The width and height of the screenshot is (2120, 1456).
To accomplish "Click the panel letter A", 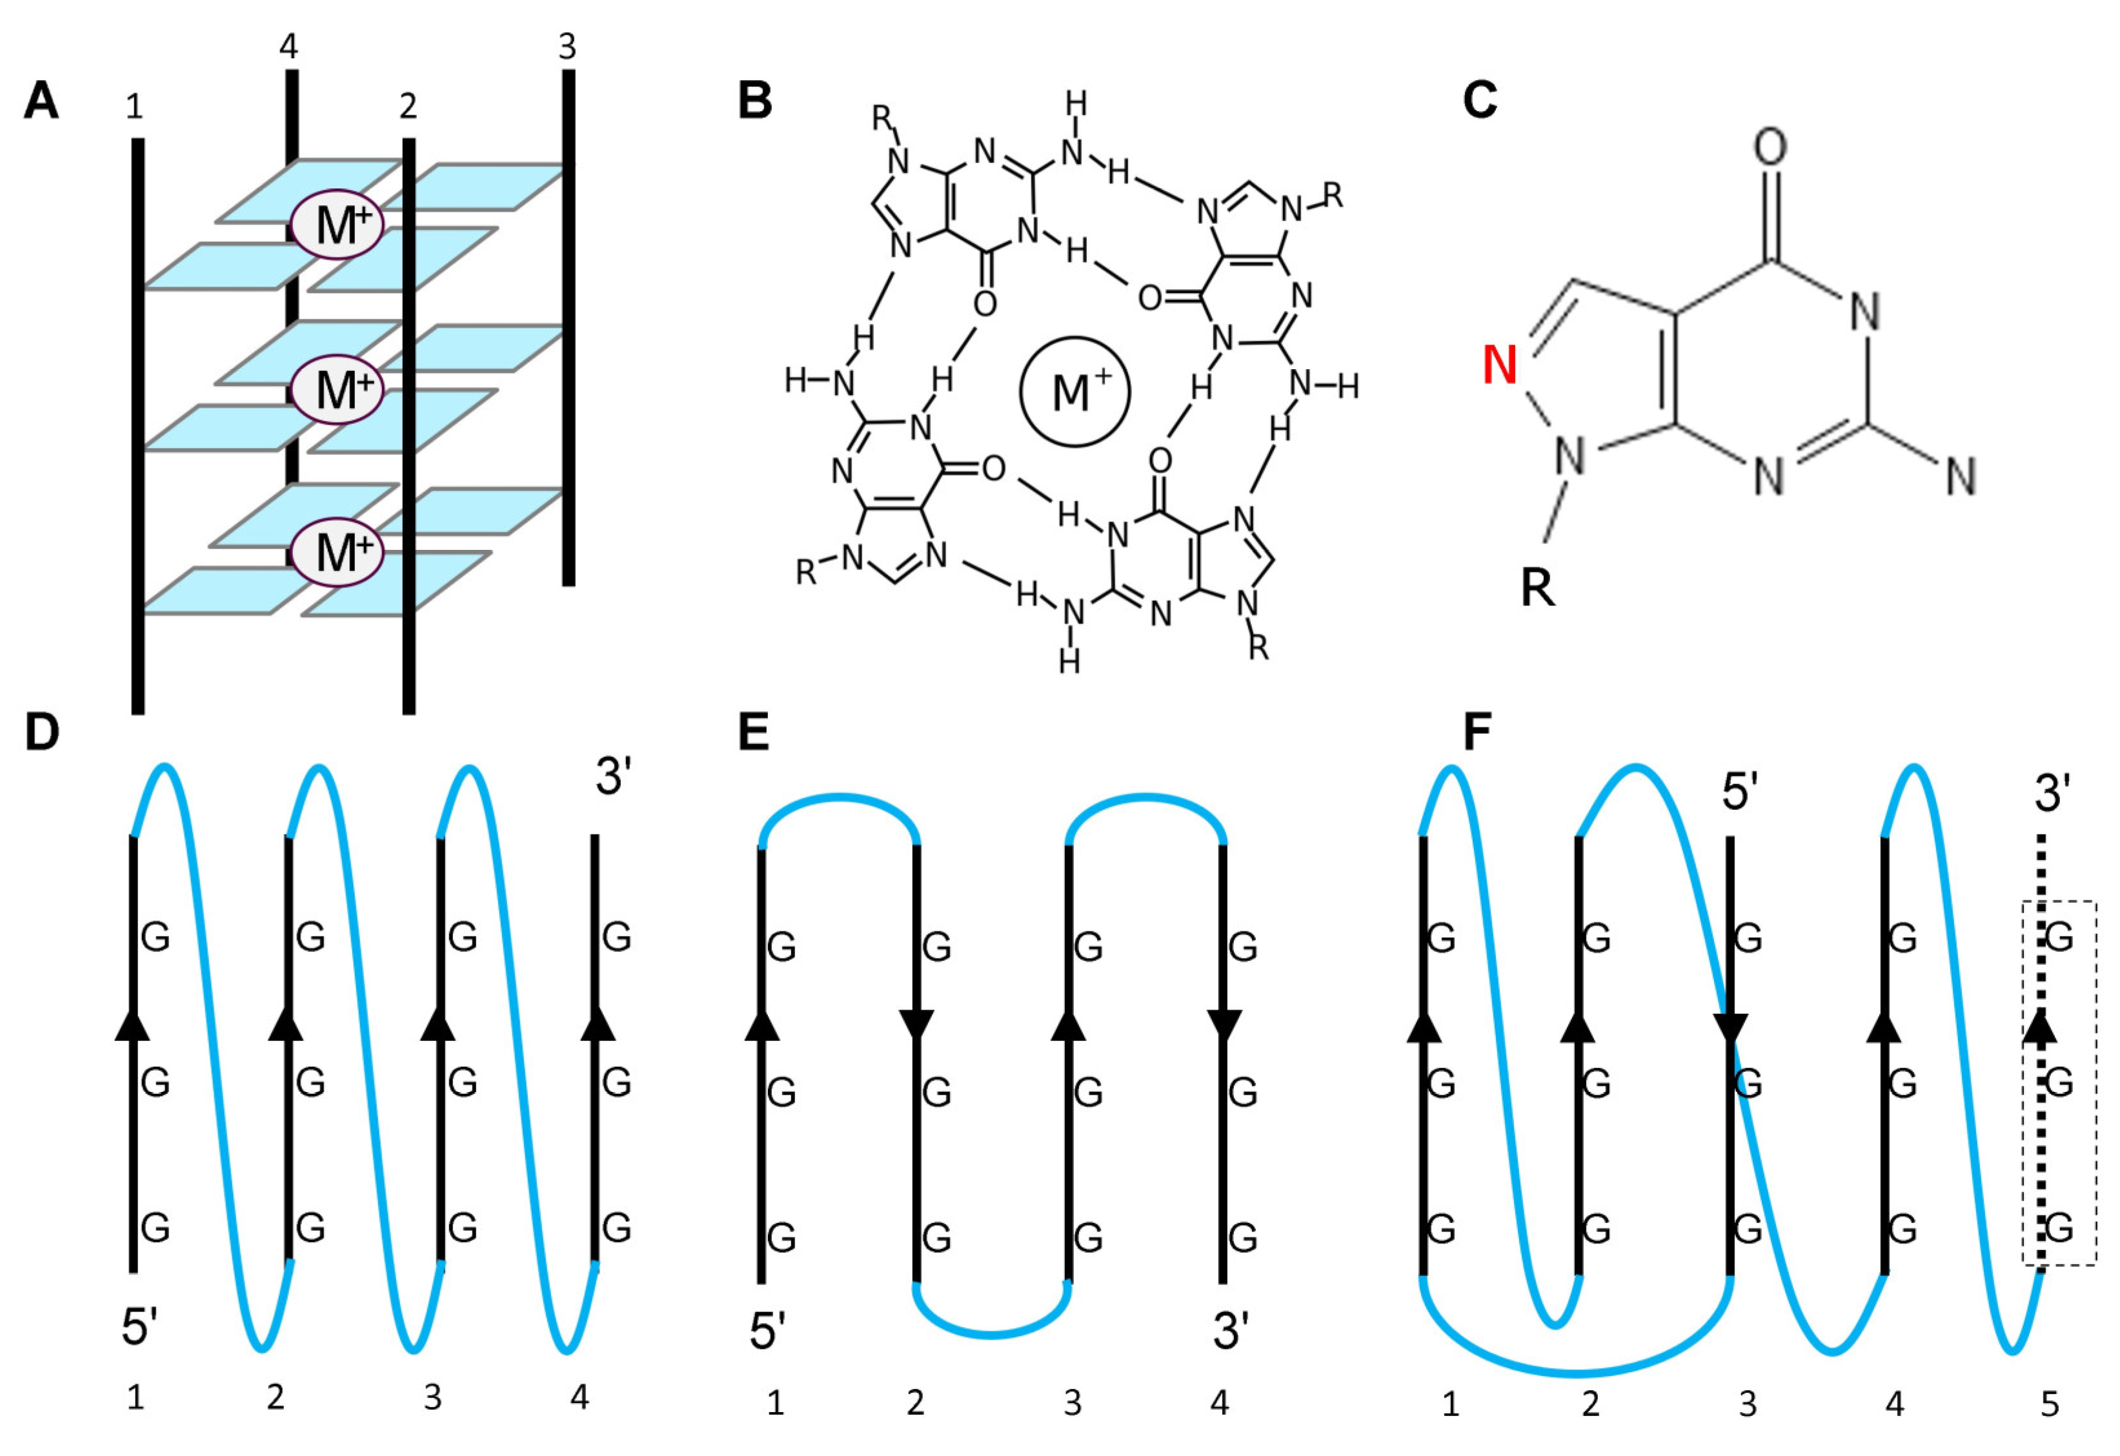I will (x=41, y=101).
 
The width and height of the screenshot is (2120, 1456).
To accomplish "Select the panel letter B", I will (x=754, y=101).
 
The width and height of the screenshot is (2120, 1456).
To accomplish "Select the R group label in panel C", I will (x=1537, y=589).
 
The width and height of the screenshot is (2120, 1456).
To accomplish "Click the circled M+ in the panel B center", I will (x=1075, y=392).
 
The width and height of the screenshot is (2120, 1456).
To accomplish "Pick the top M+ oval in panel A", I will (x=338, y=225).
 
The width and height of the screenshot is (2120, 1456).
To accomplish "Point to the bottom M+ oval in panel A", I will (x=338, y=552).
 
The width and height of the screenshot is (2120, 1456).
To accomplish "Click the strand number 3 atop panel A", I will (x=567, y=46).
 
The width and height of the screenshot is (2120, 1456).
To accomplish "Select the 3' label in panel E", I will (x=1231, y=1331).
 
